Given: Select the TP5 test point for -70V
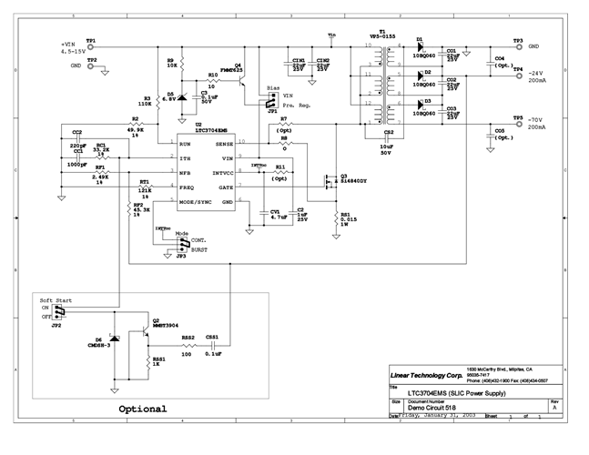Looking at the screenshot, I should (x=517, y=124).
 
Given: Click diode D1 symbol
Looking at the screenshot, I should (x=421, y=47).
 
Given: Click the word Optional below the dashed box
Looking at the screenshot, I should (x=142, y=409).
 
